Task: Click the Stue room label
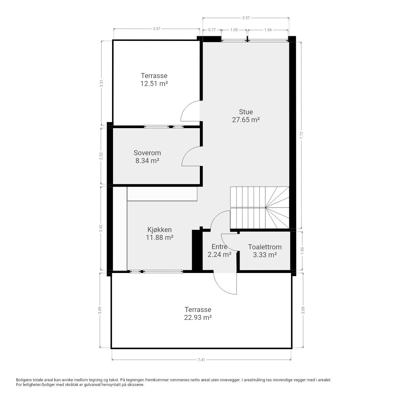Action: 246,112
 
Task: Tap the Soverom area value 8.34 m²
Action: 147,161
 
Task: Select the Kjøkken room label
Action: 159,230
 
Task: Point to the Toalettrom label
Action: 265,247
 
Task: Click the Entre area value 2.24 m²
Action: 219,254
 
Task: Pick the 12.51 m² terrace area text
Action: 154,84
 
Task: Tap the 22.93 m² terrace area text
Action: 198,317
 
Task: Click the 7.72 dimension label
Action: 301,135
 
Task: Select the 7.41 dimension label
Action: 201,360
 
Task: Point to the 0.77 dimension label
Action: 212,30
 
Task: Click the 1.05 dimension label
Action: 234,30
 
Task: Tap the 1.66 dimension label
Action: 268,30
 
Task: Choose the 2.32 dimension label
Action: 101,156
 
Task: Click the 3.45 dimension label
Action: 101,228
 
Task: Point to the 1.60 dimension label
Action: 302,251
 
